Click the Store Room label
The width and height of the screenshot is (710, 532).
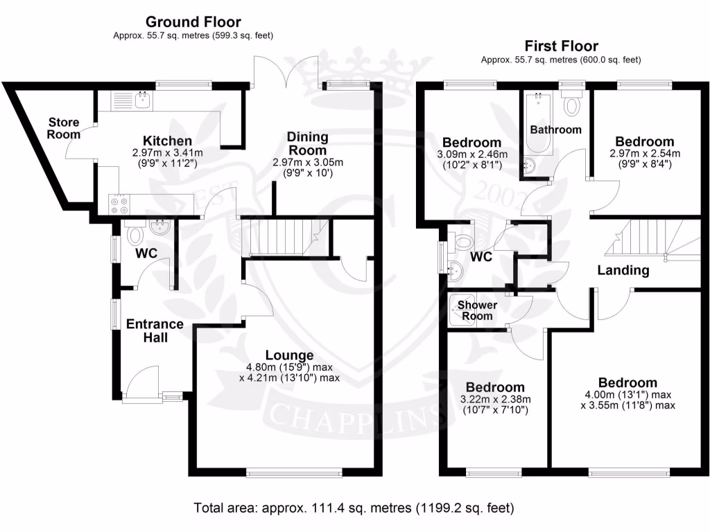pyautogui.click(x=63, y=128)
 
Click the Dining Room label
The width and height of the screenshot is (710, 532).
pyautogui.click(x=307, y=144)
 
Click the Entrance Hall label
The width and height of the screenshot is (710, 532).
pyautogui.click(x=155, y=331)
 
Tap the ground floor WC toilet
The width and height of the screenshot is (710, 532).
pyautogui.click(x=134, y=234)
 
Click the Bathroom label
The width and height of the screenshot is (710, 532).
pyautogui.click(x=555, y=130)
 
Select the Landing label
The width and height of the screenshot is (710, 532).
pyautogui.click(x=623, y=270)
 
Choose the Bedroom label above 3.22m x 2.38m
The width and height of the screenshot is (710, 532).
pyautogui.click(x=494, y=387)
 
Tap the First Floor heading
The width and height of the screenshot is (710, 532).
pyautogui.click(x=561, y=46)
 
